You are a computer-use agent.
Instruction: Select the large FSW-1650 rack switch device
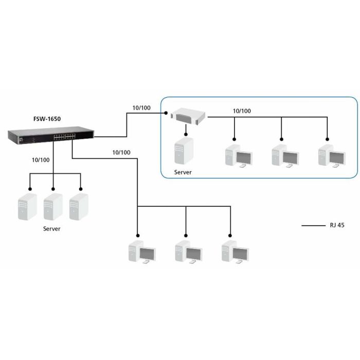(x=51, y=137)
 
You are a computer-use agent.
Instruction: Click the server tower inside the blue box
(x=183, y=151)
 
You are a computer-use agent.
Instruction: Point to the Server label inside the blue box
(x=183, y=172)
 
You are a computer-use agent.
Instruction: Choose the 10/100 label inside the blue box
(x=242, y=111)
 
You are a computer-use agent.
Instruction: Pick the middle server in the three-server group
(x=53, y=206)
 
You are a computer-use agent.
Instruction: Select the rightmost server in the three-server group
(x=79, y=206)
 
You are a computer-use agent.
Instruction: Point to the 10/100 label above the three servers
(x=41, y=160)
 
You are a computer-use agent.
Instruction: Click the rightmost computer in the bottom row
(x=235, y=253)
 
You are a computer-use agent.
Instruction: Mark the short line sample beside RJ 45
(x=312, y=226)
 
